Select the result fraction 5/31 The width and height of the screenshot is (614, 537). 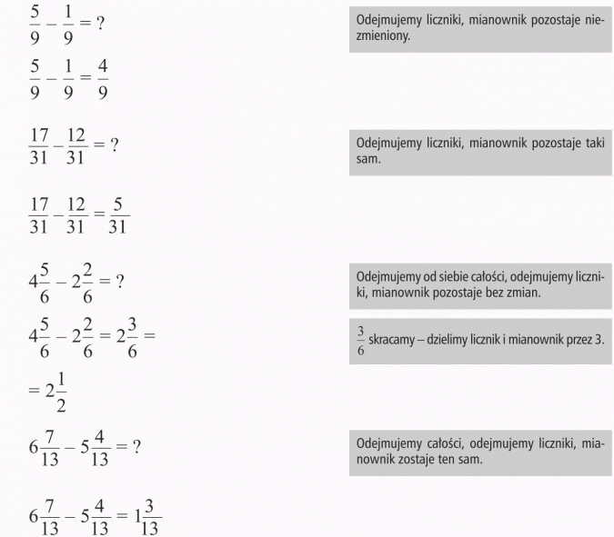coord(117,214)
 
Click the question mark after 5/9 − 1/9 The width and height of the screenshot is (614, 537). coord(99,23)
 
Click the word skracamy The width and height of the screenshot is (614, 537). coord(393,339)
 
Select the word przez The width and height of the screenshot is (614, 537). coord(583,339)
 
